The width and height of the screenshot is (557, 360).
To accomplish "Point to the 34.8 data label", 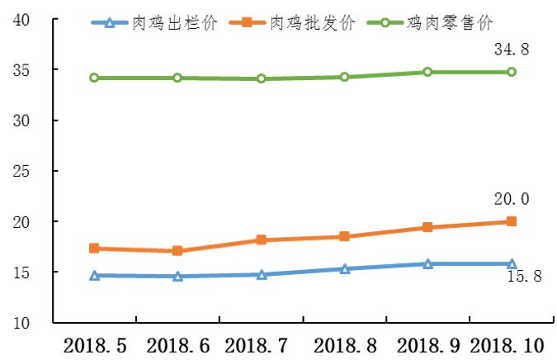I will pos(512,50).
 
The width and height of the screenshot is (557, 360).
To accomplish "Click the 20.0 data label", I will pos(512,199).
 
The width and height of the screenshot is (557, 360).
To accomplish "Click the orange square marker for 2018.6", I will pos(177,251).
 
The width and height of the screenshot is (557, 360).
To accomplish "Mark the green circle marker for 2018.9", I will pos(427,72).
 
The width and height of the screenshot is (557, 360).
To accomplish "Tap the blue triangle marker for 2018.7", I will pos(261,275).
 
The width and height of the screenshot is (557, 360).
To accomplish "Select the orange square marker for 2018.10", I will pos(511,221).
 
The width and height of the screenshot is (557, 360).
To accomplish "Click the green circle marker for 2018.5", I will pos(94,78).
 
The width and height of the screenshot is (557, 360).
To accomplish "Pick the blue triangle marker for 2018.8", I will pos(344,269).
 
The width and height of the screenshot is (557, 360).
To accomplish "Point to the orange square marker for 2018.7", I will pos(261,240).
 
